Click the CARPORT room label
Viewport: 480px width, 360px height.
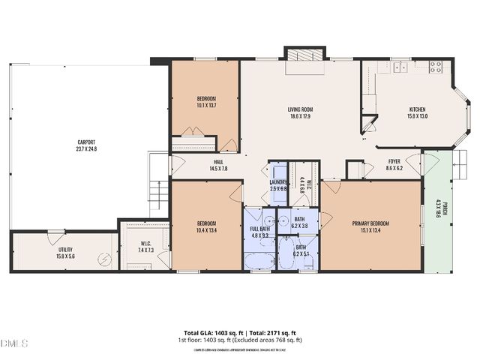click(x=86, y=142)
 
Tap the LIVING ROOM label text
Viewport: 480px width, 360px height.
click(x=300, y=109)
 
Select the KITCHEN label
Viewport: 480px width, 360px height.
click(x=417, y=109)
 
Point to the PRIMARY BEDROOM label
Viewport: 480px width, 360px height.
click(x=370, y=223)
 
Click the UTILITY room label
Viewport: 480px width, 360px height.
click(x=66, y=250)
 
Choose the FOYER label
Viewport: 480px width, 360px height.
click(x=394, y=162)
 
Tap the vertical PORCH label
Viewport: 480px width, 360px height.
click(x=445, y=209)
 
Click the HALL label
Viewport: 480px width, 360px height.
click(x=218, y=162)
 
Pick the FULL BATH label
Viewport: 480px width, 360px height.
click(x=259, y=229)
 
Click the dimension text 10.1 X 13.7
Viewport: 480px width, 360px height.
click(x=206, y=106)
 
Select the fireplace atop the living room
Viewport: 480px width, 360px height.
click(x=304, y=56)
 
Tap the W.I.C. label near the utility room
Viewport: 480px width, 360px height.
click(x=146, y=242)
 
